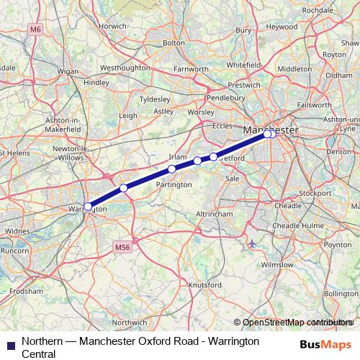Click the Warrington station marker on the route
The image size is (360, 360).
click(88, 206)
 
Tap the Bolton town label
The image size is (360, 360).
click(174, 43)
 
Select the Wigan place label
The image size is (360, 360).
click(68, 72)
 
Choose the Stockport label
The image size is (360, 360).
click(315, 194)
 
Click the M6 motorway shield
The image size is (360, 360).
click(35, 29)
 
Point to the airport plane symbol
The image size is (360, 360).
click(252, 243)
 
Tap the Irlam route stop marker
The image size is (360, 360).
click(171, 169)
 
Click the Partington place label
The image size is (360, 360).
click(174, 184)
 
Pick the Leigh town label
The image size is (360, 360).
click(128, 115)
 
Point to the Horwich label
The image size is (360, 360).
click(113, 25)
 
